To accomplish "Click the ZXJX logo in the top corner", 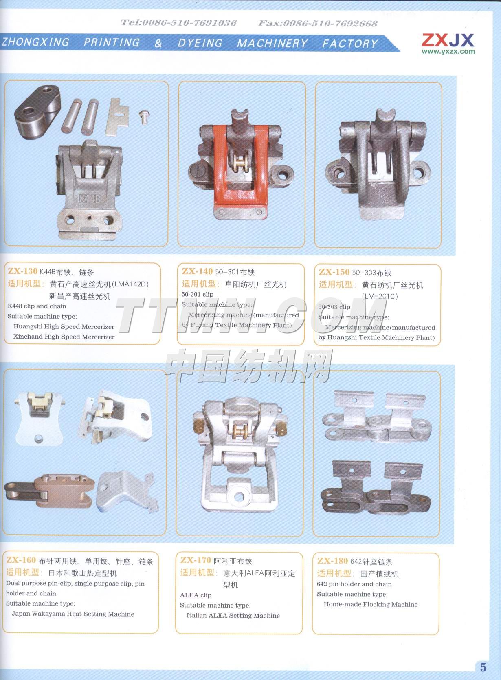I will (x=448, y=40).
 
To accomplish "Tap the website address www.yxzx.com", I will (x=448, y=52).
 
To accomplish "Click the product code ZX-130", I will (x=22, y=271).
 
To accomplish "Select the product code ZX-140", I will (x=197, y=271).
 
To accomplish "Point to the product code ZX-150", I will (x=334, y=272).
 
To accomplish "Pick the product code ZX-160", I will (x=21, y=560).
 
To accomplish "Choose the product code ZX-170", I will (x=196, y=560).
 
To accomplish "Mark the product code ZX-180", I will (x=332, y=561).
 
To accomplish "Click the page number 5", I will (x=483, y=667).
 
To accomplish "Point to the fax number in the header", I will (x=318, y=23).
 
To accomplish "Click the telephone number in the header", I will (x=178, y=22).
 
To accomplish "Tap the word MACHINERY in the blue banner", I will (x=272, y=43).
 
